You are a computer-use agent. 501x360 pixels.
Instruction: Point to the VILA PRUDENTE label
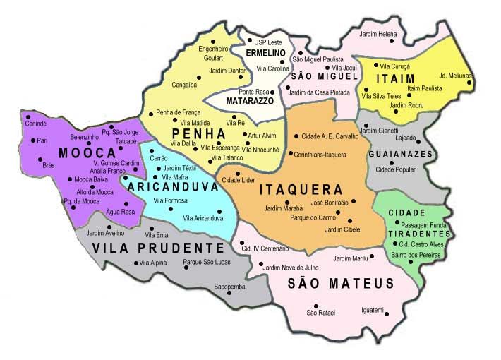click(x=153, y=248)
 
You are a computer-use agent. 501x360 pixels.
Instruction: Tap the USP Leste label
click(x=268, y=42)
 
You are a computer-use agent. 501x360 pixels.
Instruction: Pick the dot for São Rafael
click(x=316, y=306)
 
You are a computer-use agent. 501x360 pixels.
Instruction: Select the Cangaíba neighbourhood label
click(x=185, y=84)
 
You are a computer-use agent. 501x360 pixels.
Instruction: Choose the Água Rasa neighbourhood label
click(x=119, y=211)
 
